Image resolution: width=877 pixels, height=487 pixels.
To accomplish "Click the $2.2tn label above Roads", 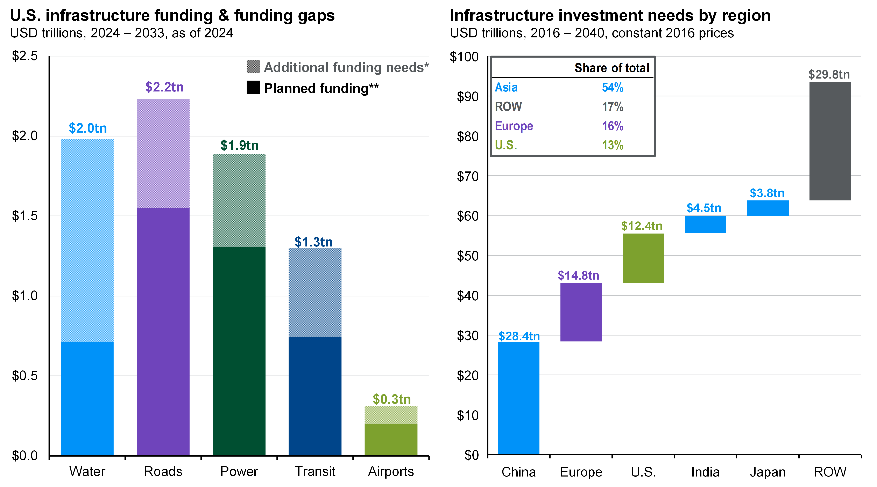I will (164, 87).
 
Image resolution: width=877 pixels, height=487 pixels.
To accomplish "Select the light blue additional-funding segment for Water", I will (87, 240).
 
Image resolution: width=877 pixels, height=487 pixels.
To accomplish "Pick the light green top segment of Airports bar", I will (391, 415).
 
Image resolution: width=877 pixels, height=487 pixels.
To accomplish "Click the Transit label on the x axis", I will (315, 471).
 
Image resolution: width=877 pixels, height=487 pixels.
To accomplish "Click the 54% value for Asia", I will (613, 87).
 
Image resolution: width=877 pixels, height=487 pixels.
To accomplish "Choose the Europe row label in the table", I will (514, 126).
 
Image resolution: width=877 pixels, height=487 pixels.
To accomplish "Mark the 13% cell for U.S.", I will (613, 145).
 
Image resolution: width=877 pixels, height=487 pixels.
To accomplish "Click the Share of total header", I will (612, 68).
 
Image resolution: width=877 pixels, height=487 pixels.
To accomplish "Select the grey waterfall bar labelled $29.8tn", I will (830, 141).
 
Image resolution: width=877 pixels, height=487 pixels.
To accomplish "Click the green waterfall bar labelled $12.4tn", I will (643, 258).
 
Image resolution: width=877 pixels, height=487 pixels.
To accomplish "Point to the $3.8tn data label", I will (767, 193).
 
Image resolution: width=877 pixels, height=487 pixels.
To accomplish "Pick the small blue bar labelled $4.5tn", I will (705, 224).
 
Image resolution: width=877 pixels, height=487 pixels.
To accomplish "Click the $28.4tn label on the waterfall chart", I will (519, 336).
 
